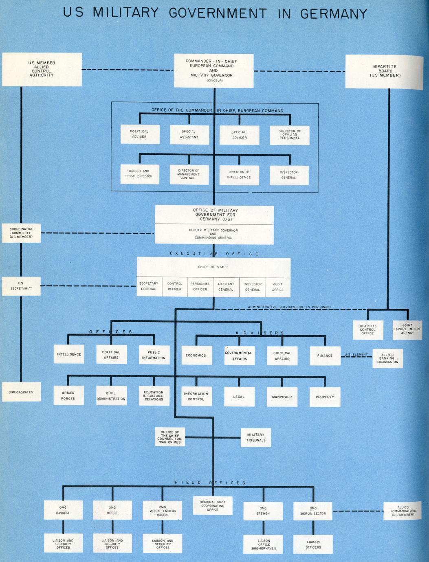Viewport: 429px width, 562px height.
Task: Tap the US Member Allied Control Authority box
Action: point(42,69)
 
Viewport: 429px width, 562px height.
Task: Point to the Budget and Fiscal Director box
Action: point(139,174)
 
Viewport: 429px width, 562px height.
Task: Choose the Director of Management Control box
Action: point(189,175)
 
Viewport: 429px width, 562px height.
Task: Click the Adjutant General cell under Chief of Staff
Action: point(226,287)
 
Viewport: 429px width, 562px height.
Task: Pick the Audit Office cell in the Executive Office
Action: point(278,287)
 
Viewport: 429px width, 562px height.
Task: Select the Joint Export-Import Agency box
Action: point(407,329)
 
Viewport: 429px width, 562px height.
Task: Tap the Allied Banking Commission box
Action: point(387,358)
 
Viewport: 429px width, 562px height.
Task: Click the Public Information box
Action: point(154,355)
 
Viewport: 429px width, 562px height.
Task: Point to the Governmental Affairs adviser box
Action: point(240,356)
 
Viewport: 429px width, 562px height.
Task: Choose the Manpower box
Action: point(282,397)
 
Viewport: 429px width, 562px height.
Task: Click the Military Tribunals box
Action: point(256,437)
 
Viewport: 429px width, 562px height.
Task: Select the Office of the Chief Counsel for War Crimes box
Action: point(170,437)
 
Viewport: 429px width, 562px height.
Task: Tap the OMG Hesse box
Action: point(112,510)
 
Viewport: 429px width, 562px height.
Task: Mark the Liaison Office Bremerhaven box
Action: point(264,544)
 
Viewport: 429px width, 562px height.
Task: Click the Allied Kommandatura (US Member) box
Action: point(403,511)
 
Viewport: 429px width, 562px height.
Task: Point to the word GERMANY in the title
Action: point(334,14)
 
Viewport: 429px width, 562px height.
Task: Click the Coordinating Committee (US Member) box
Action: point(22,233)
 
